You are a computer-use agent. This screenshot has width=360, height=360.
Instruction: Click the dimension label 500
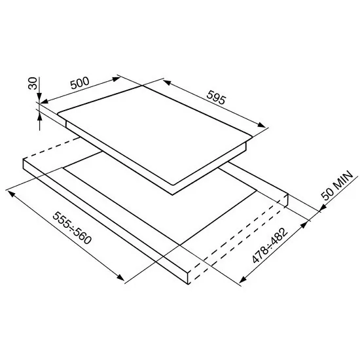click(80, 83)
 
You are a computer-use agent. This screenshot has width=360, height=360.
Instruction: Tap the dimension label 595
click(216, 98)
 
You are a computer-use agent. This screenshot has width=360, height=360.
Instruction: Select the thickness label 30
click(33, 83)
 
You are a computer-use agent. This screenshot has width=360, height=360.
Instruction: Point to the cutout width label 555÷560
click(72, 228)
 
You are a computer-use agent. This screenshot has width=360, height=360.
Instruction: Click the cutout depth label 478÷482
click(270, 245)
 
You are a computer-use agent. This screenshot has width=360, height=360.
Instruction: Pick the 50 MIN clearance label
click(337, 185)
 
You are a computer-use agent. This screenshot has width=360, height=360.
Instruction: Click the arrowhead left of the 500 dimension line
click(45, 101)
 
